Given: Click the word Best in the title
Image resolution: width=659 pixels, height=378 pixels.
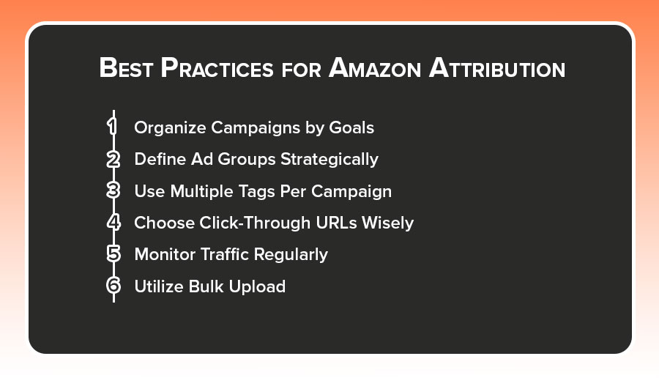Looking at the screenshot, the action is pyautogui.click(x=126, y=67).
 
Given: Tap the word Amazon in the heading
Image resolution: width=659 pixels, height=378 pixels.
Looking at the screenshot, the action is pyautogui.click(x=375, y=67).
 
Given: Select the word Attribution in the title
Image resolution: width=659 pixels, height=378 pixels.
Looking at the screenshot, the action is pyautogui.click(x=497, y=67).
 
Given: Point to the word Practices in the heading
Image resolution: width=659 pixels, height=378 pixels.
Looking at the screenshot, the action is pyautogui.click(x=217, y=67).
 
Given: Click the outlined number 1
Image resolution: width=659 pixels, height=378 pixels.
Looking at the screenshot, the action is pyautogui.click(x=112, y=126).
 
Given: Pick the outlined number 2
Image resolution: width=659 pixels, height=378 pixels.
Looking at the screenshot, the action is pyautogui.click(x=113, y=160).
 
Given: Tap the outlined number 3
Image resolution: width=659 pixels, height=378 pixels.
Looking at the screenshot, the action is pyautogui.click(x=113, y=190).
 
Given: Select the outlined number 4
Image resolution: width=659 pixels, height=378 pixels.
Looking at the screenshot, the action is pyautogui.click(x=113, y=222).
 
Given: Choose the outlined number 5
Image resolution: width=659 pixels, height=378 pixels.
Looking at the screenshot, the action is pyautogui.click(x=113, y=254).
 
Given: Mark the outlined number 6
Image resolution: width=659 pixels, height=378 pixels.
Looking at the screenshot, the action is pyautogui.click(x=113, y=286).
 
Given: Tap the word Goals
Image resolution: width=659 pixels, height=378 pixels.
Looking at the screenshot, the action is pyautogui.click(x=351, y=127).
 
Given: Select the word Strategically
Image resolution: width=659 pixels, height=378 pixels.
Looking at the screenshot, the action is pyautogui.click(x=329, y=160).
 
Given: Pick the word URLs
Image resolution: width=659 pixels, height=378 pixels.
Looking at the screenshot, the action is pyautogui.click(x=337, y=223).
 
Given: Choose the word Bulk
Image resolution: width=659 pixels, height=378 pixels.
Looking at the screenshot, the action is pyautogui.click(x=206, y=286).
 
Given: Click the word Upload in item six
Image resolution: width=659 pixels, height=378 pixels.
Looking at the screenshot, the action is pyautogui.click(x=257, y=286).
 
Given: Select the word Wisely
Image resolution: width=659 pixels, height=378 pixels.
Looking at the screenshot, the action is pyautogui.click(x=388, y=223).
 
